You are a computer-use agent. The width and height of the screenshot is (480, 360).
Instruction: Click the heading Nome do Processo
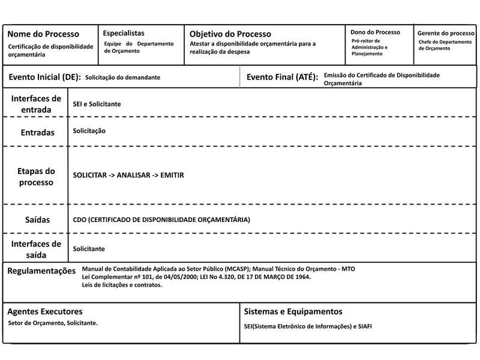point(43,34)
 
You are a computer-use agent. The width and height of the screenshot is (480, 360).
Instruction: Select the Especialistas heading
point(124,33)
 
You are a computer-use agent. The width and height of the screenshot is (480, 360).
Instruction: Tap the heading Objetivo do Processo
point(230,34)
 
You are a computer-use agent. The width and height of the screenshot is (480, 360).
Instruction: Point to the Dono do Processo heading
point(375,32)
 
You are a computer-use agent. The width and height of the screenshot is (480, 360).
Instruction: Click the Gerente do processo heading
point(446,33)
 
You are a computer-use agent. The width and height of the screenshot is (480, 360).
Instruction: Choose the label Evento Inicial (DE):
point(45,77)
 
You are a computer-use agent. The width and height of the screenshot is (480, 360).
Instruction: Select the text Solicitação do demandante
point(122,77)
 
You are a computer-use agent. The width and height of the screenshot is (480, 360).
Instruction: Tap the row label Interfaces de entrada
point(36,104)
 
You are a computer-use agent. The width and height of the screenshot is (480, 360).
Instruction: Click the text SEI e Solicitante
point(97,104)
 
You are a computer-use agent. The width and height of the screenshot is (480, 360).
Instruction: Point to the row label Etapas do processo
point(36,176)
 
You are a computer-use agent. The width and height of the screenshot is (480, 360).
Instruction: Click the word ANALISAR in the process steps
point(133,175)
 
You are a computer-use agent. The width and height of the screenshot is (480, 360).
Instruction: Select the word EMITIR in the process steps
point(172,175)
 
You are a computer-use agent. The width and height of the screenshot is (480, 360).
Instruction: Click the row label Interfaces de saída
point(36,249)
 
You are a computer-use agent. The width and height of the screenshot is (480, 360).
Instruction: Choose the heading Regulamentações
point(41,271)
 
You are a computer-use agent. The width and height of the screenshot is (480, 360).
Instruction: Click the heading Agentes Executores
point(45,312)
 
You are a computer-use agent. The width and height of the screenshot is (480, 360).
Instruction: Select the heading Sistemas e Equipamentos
point(293,312)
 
